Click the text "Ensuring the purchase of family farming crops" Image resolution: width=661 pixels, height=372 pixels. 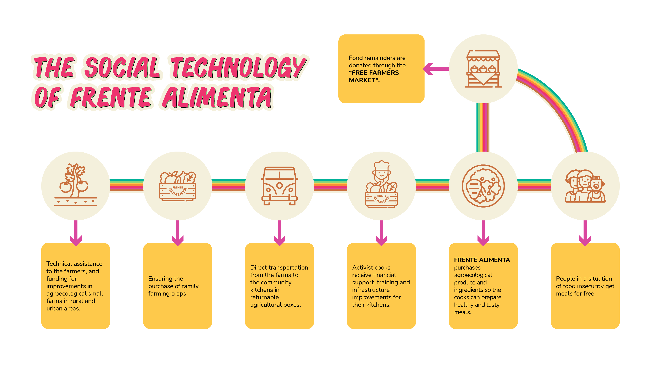pyautogui.click(x=173, y=286)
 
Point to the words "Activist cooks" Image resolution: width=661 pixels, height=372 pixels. pyautogui.click(x=371, y=267)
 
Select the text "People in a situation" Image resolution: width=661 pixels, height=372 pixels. pyautogui.click(x=584, y=278)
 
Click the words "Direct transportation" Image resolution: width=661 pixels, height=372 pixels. pyautogui.click(x=279, y=267)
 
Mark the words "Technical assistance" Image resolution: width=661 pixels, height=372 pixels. pyautogui.click(x=74, y=264)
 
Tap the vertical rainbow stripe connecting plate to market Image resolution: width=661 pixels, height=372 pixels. pyautogui.click(x=483, y=127)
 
